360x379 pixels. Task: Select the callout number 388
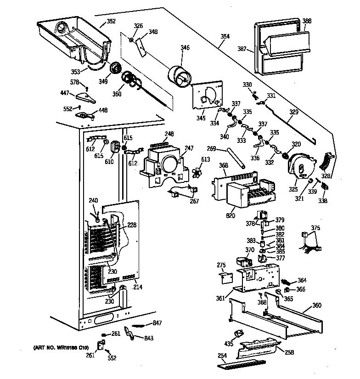(307, 21)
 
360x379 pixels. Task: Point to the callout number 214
(138, 287)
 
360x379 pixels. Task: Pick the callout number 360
(317, 305)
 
